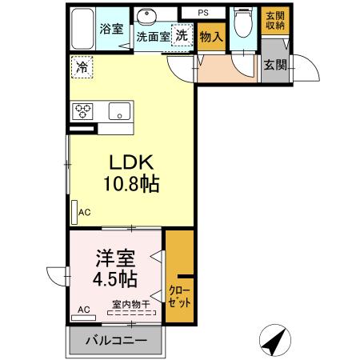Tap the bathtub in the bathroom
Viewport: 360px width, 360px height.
82,30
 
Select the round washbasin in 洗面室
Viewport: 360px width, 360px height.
146,18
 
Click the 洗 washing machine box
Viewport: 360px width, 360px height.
182,36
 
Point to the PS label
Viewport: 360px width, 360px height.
202,13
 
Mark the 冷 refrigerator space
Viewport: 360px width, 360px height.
82,68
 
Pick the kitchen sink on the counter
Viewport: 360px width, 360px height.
120,111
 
